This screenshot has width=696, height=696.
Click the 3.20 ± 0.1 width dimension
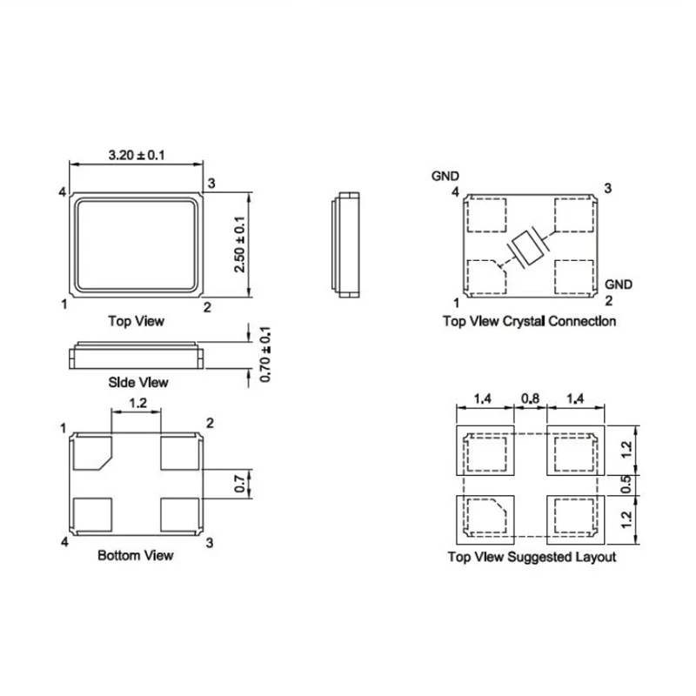tap(137, 155)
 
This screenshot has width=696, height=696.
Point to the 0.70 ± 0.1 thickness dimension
tap(266, 354)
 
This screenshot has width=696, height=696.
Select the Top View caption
tap(136, 320)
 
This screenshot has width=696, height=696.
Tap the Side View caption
tap(136, 382)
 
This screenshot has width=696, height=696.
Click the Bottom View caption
tap(136, 554)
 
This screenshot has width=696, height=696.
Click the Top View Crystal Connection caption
tap(530, 321)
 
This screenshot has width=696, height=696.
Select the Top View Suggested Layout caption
tap(530, 557)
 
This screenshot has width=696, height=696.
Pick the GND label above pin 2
tap(619, 284)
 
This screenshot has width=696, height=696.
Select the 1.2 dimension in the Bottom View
tap(137, 403)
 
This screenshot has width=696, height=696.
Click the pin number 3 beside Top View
tap(211, 182)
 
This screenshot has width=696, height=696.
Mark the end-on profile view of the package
tap(345, 245)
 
